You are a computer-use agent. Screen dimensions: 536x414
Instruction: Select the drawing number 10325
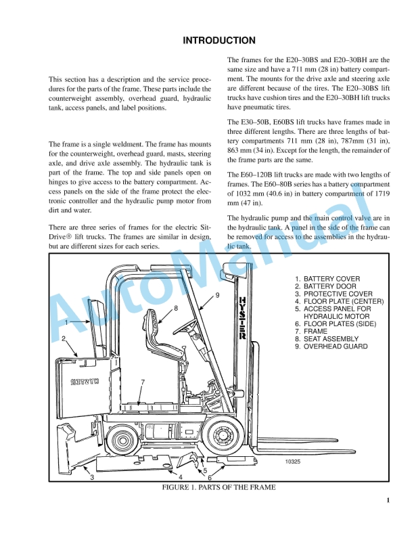[x=294, y=462]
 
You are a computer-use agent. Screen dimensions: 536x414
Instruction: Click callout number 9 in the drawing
[x=217, y=295]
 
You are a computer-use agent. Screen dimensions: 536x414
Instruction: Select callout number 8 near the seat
[x=176, y=308]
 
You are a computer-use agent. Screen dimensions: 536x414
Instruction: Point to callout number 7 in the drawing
[x=142, y=382]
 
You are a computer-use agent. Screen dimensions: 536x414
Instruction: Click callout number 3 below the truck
[x=92, y=478]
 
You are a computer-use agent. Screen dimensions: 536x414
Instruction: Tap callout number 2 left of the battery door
[x=64, y=338]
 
